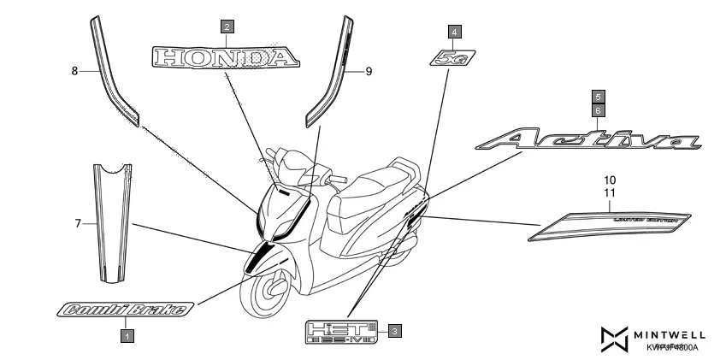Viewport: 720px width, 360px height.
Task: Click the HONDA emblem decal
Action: pos(226,57)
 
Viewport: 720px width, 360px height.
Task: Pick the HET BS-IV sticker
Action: pos(342,330)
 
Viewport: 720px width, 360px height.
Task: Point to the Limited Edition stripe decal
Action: pos(612,223)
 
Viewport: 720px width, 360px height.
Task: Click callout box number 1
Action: pos(126,336)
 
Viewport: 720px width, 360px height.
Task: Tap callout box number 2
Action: pos(227,27)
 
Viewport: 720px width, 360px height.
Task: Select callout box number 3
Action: pos(393,329)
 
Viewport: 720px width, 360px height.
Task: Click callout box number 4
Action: pos(454,32)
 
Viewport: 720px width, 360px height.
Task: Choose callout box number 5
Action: pos(599,97)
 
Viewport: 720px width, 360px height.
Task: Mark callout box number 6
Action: pos(599,110)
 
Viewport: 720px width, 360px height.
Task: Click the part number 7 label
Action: pos(77,223)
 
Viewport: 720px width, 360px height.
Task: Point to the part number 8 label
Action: pos(74,72)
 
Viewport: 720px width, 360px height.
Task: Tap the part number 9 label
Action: pos(369,72)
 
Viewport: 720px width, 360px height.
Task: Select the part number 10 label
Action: pos(610,181)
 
